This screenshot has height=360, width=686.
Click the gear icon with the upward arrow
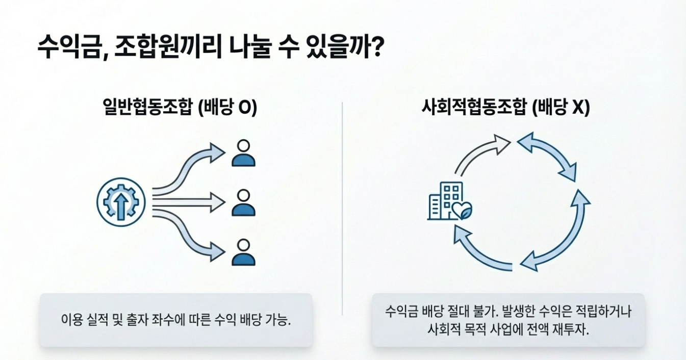[x=121, y=202]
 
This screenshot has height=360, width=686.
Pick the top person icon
[x=243, y=153]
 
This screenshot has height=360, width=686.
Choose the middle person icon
[x=243, y=202]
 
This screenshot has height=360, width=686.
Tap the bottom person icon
[x=243, y=252]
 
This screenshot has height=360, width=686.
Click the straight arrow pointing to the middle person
[x=189, y=203]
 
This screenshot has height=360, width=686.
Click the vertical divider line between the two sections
[x=342, y=204]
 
